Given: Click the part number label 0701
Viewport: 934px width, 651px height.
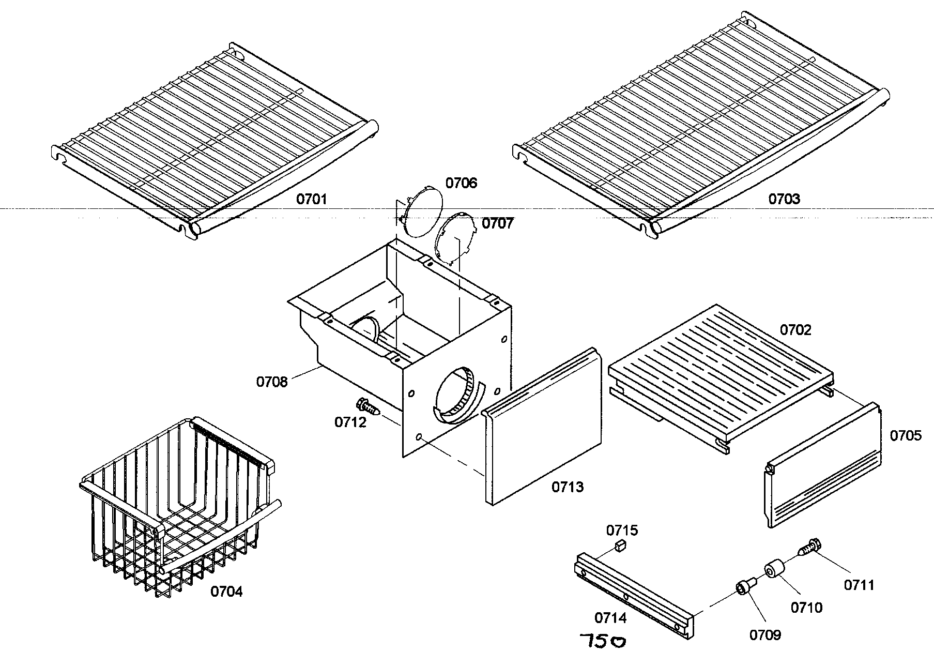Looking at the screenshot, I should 312,199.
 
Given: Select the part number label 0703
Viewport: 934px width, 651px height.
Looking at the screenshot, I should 784,199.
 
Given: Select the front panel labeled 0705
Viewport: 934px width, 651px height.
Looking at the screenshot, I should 822,465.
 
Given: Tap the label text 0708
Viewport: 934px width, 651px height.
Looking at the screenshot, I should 271,382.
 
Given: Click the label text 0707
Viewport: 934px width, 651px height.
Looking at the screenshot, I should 498,223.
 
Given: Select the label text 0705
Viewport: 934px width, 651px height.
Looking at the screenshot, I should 906,436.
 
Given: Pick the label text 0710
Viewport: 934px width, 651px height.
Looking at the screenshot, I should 806,608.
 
